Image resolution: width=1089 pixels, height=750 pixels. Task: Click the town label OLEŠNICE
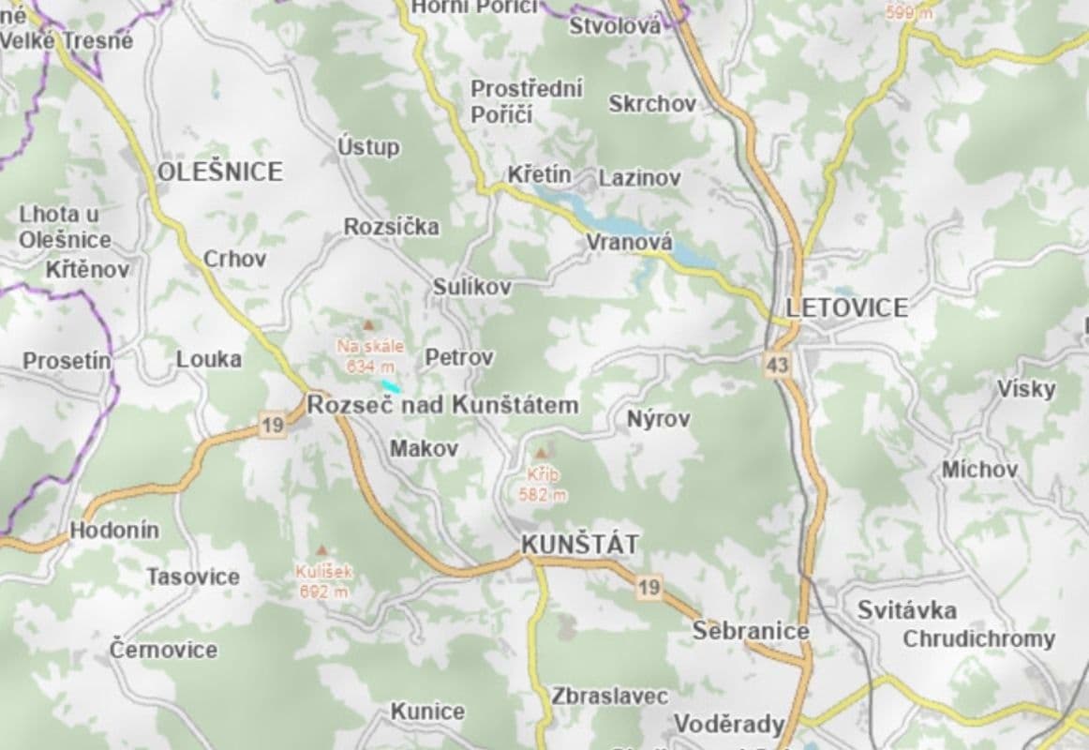coord(219,172)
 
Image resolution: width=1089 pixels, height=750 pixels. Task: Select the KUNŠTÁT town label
coord(580,544)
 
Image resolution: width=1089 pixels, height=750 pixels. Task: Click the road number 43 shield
coord(776,365)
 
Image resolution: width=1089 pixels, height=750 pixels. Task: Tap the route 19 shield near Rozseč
coord(272,427)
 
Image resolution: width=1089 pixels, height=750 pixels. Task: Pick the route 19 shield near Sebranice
coord(649,588)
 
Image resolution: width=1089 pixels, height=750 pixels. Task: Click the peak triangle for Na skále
coord(368,324)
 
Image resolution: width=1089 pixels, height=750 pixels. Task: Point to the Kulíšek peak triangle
coord(321,550)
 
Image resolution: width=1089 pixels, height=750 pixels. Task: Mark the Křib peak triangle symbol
coord(542,453)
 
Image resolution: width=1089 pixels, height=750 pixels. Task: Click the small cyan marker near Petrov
coord(391,385)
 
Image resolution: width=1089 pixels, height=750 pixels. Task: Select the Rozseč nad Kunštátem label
coord(442,406)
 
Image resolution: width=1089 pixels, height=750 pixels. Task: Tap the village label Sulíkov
coord(471,287)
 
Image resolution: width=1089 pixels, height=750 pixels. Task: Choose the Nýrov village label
coord(658,419)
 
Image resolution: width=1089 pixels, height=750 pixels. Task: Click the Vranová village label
coord(629,242)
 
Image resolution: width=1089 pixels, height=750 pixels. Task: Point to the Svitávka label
coord(906,610)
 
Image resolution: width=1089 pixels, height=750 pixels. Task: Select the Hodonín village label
coord(114,531)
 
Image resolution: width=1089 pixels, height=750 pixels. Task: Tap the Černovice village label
coord(163,649)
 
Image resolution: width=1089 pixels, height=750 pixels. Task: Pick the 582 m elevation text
coord(542,495)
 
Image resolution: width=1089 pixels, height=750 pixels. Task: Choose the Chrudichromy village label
coord(978,639)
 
